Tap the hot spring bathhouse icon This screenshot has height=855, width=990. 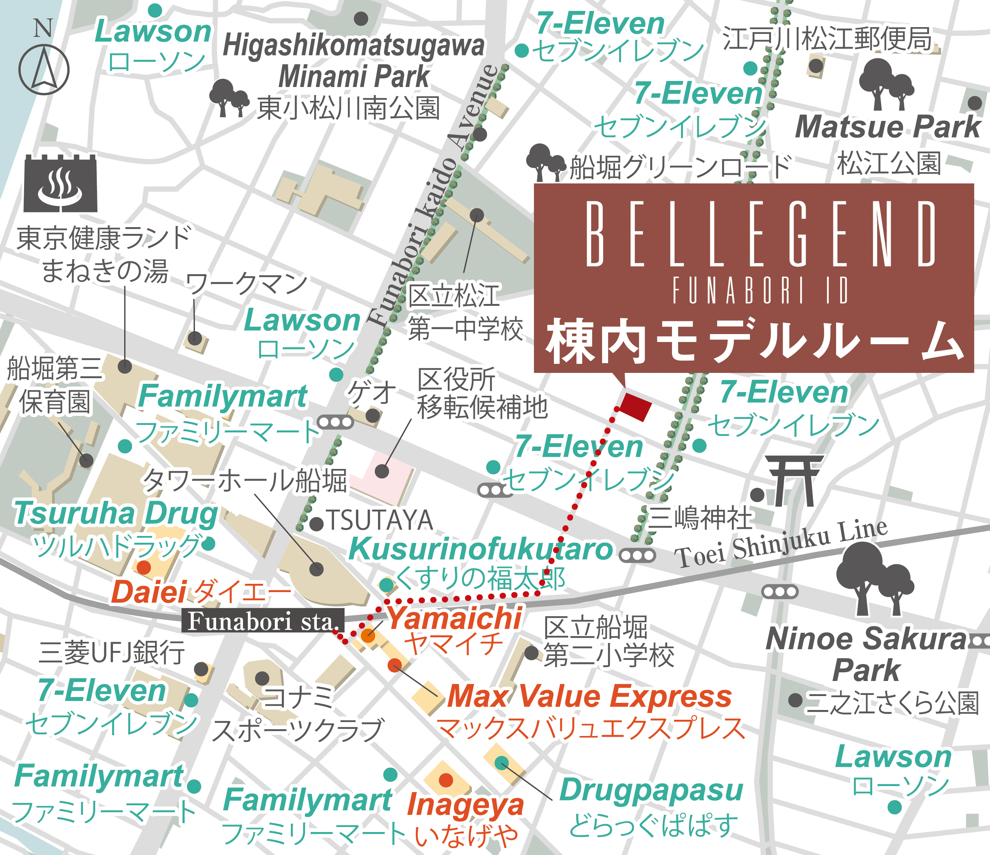click(x=60, y=184)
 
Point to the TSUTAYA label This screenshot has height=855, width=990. click(x=380, y=521)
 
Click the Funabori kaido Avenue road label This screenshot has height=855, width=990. click(x=434, y=196)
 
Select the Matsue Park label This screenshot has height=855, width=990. click(x=888, y=127)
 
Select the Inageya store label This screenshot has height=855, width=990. click(x=465, y=805)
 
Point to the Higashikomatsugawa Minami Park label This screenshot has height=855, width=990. click(x=354, y=61)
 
